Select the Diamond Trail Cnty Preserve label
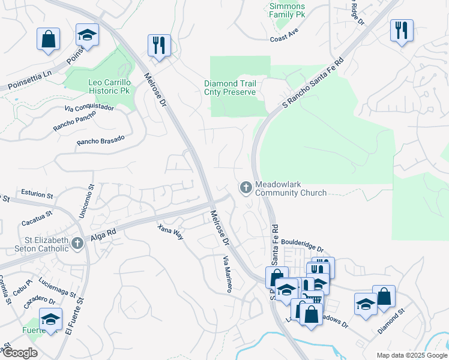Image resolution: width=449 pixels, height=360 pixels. [x=230, y=88]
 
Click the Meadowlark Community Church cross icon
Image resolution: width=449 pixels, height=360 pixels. [x=246, y=188]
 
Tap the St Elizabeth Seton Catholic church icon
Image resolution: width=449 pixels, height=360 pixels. [x=77, y=243]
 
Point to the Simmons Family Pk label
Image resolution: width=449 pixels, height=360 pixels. [x=286, y=10]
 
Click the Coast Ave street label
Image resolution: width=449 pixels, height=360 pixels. [x=284, y=37]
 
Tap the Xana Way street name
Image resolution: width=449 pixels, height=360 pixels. [x=170, y=232]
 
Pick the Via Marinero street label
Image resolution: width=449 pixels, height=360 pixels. [x=228, y=274]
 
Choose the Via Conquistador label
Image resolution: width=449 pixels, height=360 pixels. [x=89, y=108]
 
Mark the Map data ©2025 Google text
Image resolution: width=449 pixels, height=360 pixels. [x=411, y=355]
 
